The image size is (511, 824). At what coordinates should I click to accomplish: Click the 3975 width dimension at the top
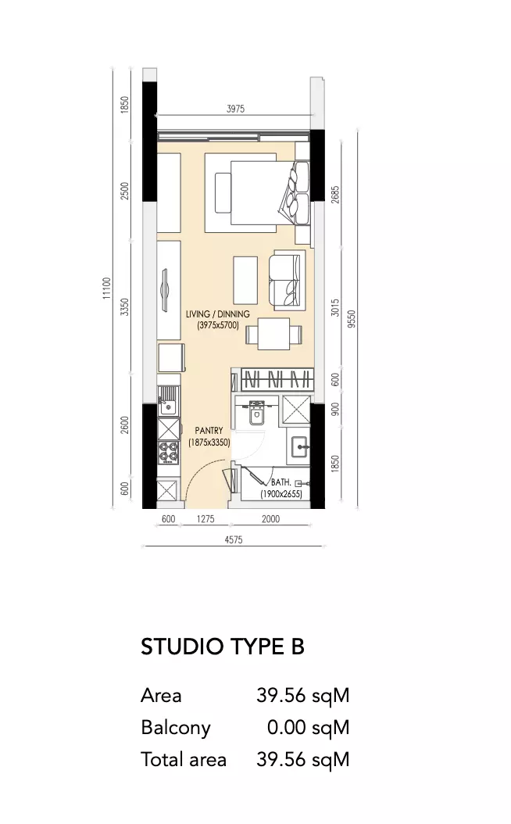click(x=235, y=109)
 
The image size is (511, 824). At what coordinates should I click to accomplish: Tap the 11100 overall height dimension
click(x=107, y=289)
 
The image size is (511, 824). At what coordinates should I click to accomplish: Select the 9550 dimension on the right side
click(x=352, y=319)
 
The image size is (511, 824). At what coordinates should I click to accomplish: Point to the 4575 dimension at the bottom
click(x=233, y=539)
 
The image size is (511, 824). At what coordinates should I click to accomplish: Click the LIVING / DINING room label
click(x=218, y=314)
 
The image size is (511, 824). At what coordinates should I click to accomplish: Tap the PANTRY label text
click(x=209, y=431)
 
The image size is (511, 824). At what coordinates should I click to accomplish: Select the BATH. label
click(x=281, y=482)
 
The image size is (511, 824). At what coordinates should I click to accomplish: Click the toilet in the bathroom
click(x=257, y=413)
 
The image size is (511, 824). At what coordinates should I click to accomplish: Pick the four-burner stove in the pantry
click(x=168, y=452)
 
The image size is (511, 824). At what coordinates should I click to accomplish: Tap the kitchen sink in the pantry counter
click(x=168, y=403)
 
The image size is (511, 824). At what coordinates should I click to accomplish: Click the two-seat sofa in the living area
click(x=287, y=281)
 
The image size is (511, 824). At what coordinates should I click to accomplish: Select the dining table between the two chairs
click(x=273, y=334)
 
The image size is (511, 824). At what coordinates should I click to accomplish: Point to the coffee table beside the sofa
click(x=246, y=280)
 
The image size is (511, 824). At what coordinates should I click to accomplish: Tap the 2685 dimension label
click(x=336, y=195)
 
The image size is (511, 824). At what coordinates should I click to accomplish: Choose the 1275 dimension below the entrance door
click(x=205, y=519)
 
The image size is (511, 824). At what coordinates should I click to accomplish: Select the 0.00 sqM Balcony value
click(x=309, y=727)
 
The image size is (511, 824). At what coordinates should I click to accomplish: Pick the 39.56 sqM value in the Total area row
click(x=303, y=759)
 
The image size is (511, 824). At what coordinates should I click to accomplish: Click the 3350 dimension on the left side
click(x=124, y=307)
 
